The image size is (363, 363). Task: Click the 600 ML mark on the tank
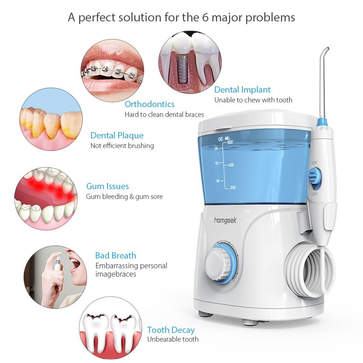point(230,142)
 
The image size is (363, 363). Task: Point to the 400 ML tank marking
point(231,165)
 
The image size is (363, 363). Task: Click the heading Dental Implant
point(242,90)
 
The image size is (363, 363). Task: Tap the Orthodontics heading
point(150,104)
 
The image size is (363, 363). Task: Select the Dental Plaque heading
point(117,135)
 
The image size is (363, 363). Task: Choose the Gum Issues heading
point(107,186)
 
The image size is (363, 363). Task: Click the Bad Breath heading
point(115,255)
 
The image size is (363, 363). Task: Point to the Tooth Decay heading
point(171,330)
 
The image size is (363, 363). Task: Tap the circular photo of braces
point(112,70)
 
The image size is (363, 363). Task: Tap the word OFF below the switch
point(314,195)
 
